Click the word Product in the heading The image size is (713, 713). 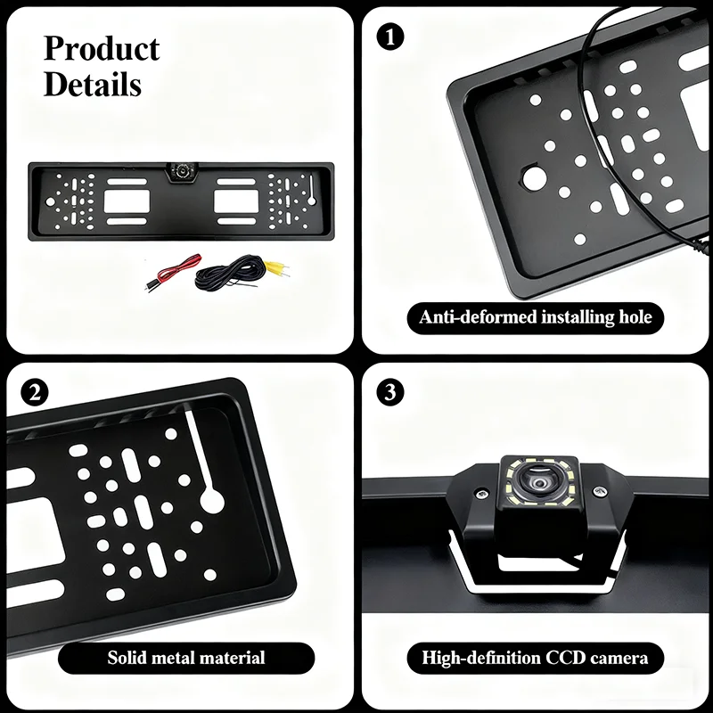102,49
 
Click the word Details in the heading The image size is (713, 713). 93,85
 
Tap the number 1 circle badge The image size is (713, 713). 391,37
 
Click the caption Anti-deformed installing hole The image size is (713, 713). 536,316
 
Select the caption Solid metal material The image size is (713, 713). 186,659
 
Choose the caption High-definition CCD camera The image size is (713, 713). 536,659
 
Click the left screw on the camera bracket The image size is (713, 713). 482,492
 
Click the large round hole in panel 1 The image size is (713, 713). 537,176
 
